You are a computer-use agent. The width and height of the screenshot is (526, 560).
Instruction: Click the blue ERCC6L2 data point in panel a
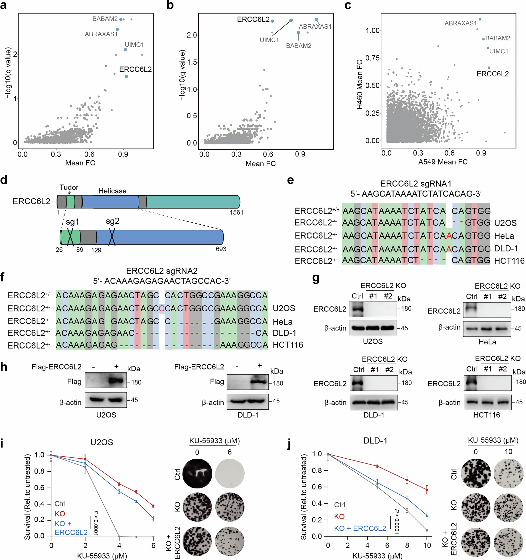(x=126, y=76)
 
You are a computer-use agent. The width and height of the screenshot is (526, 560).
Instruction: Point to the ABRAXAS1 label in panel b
(x=315, y=27)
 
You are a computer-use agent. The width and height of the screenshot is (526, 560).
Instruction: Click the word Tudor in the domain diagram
(x=69, y=187)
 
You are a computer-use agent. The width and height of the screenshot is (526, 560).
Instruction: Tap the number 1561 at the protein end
(x=236, y=212)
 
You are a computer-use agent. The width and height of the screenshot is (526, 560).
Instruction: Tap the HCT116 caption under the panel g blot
(x=487, y=415)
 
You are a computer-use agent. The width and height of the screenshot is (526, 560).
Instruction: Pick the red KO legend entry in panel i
(x=60, y=514)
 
